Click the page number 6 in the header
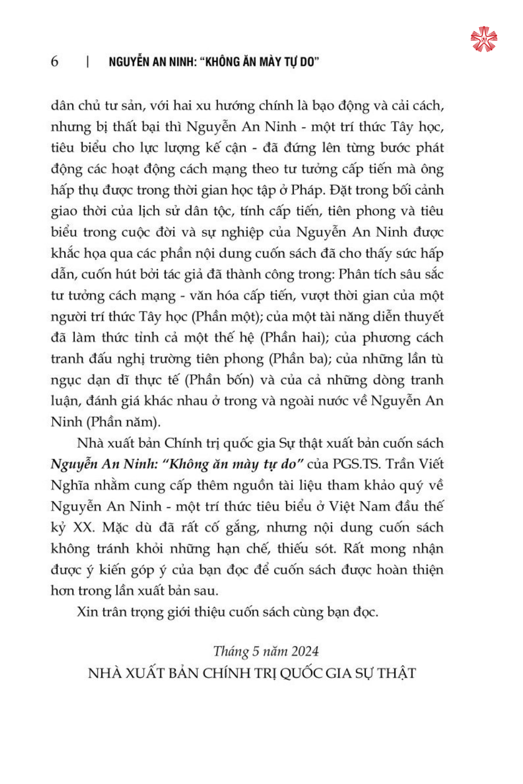click(x=54, y=61)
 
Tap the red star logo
click(x=484, y=39)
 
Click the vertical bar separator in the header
click(x=87, y=62)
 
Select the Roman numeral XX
click(x=83, y=527)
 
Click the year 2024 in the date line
click(x=305, y=651)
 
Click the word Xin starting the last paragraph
click(x=87, y=612)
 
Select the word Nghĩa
click(x=69, y=486)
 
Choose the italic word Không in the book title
click(x=186, y=464)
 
